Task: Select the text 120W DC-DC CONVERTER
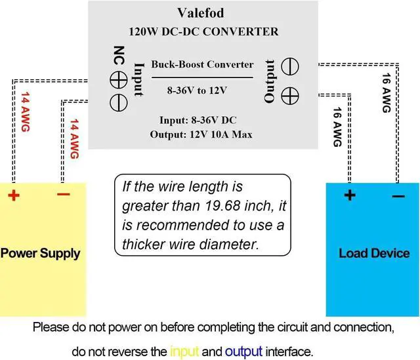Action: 203,31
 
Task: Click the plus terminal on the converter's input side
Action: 119,81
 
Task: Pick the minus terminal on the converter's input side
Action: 119,102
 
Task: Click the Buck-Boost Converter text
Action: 201,64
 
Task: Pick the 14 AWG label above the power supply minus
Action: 73,138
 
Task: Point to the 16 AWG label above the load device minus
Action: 386,92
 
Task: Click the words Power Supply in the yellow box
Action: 40,253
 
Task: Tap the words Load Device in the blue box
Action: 373,253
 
